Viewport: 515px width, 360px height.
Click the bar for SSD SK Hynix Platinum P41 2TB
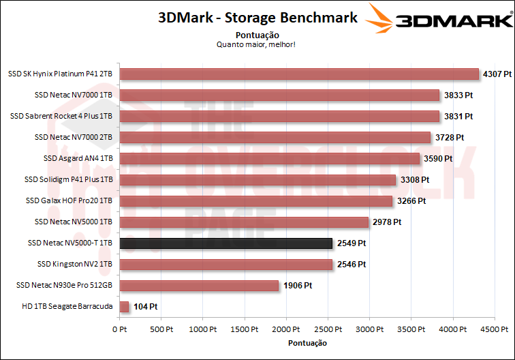tap(299, 74)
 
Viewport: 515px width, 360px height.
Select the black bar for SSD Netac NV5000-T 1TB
tap(225, 243)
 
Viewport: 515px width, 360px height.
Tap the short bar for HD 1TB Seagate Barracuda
tap(124, 307)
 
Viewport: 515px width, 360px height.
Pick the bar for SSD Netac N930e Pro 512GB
tap(199, 286)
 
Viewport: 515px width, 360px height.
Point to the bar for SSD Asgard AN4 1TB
tap(269, 158)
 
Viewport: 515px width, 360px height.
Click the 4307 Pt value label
tap(497, 74)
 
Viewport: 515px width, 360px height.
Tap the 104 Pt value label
tap(146, 307)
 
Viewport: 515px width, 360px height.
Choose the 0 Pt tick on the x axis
tap(119, 329)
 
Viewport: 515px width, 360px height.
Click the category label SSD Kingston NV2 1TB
tap(72, 265)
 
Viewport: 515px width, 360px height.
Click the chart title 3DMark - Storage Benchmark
tap(257, 18)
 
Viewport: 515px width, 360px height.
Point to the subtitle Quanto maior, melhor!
tap(255, 44)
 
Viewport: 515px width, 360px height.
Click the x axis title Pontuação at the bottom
tap(307, 343)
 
